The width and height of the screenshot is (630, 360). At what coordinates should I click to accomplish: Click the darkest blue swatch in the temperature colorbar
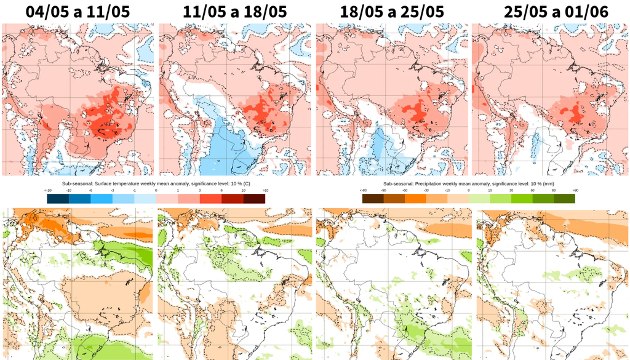point(57,199)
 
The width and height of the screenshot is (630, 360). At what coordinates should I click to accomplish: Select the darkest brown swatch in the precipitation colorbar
point(373,199)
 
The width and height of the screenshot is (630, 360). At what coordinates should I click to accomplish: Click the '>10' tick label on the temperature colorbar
point(265,191)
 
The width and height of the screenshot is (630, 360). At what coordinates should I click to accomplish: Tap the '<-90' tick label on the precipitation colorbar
point(364,191)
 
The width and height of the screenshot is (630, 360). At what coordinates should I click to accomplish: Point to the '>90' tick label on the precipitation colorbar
point(575,191)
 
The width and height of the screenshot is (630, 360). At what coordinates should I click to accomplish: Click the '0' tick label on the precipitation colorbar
point(469,191)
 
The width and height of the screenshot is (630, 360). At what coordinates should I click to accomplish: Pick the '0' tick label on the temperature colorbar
point(156,191)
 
